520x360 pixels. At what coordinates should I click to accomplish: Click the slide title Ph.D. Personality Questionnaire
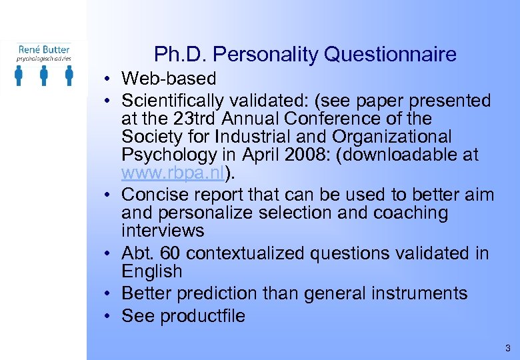coord(305,54)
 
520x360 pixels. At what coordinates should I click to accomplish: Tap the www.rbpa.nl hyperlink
coord(173,174)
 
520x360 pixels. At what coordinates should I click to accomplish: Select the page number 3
coord(507,348)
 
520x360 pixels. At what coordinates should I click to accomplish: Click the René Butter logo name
coord(44,49)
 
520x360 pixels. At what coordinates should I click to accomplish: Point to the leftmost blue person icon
coord(19,75)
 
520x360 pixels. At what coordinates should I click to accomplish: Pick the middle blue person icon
coord(44,75)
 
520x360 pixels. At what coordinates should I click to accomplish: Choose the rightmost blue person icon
coord(69,75)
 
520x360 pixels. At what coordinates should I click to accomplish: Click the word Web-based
coord(169,79)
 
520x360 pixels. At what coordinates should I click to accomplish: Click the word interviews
coord(163,231)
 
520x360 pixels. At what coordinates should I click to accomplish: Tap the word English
coord(151,271)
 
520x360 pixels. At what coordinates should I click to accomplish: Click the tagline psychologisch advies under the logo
coord(44,59)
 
